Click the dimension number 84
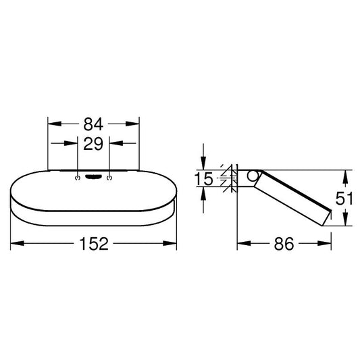coord(93,124)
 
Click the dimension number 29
coord(93,144)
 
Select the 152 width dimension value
coord(94,244)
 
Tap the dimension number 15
coord(204,179)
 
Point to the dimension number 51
coord(344,199)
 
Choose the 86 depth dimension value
coord(284,244)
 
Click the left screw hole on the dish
coord(78,178)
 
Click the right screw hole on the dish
coord(109,178)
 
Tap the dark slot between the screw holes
coord(93,176)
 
